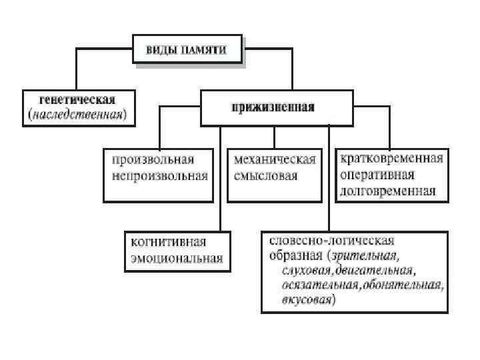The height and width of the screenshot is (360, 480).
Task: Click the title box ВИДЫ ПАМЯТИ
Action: tap(188, 49)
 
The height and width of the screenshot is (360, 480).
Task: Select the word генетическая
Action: tap(77, 100)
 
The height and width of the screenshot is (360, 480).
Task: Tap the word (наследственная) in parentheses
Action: tap(81, 114)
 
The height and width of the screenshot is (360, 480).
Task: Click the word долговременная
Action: tap(387, 191)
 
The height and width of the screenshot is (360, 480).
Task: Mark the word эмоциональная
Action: tap(177, 258)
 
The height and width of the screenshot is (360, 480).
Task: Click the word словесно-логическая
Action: tap(331, 240)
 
